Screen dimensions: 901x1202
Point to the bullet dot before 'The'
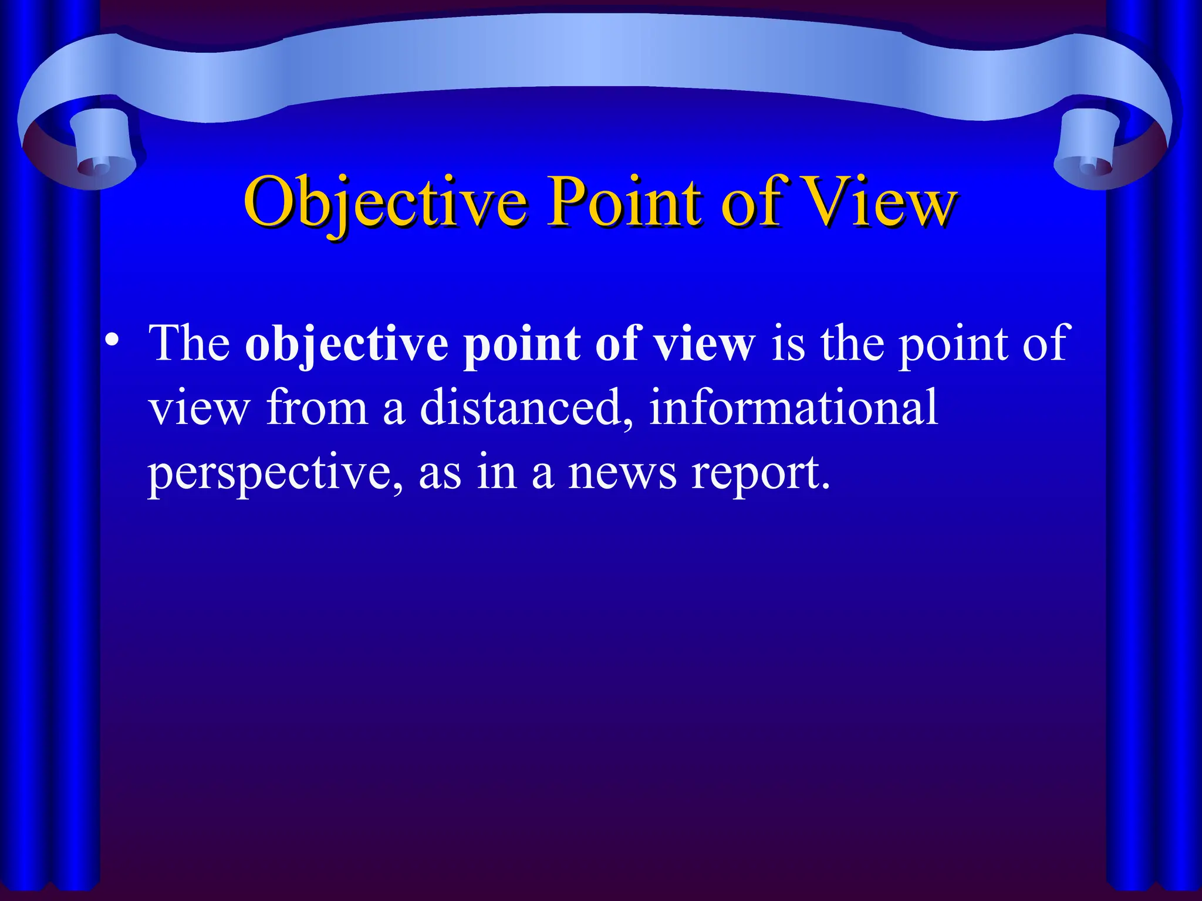pos(112,341)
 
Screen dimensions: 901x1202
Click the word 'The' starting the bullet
pos(190,343)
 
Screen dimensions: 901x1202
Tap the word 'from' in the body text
pos(317,408)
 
